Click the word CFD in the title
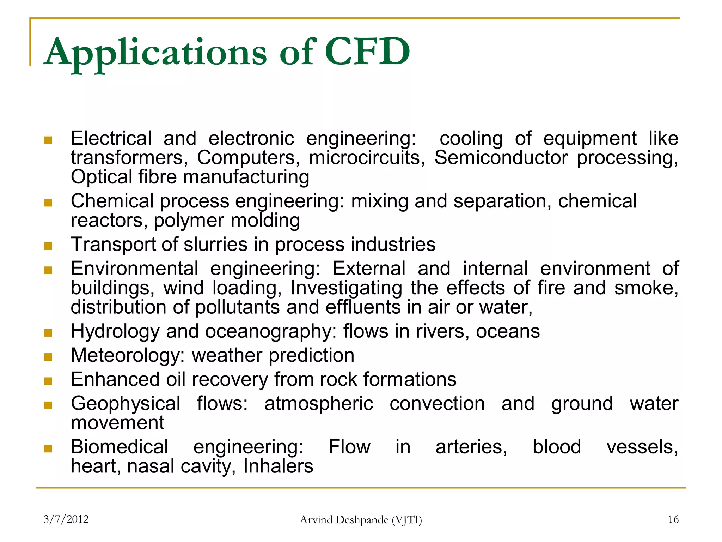pos(367,52)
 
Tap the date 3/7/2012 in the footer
pos(66,519)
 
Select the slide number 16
pos(673,519)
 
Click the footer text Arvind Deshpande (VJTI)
pos(361,520)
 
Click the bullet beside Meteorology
pos(48,357)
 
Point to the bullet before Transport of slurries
pos(48,246)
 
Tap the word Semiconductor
pos(501,157)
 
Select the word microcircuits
pos(367,157)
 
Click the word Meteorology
pos(128,356)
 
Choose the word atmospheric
pos(319,404)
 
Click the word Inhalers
pos(278,466)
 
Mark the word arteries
pos(471,447)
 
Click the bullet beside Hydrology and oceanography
pos(48,333)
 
